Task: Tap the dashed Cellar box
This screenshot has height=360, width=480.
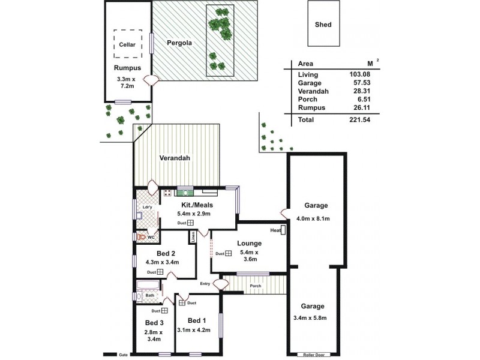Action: pyautogui.click(x=127, y=44)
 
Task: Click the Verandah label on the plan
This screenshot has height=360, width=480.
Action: pyautogui.click(x=175, y=158)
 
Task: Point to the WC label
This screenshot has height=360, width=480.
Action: pyautogui.click(x=151, y=237)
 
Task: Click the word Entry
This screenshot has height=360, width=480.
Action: pyautogui.click(x=206, y=284)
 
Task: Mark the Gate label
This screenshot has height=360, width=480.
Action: pyautogui.click(x=124, y=355)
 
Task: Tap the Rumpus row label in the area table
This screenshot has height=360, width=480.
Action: pyautogui.click(x=311, y=108)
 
